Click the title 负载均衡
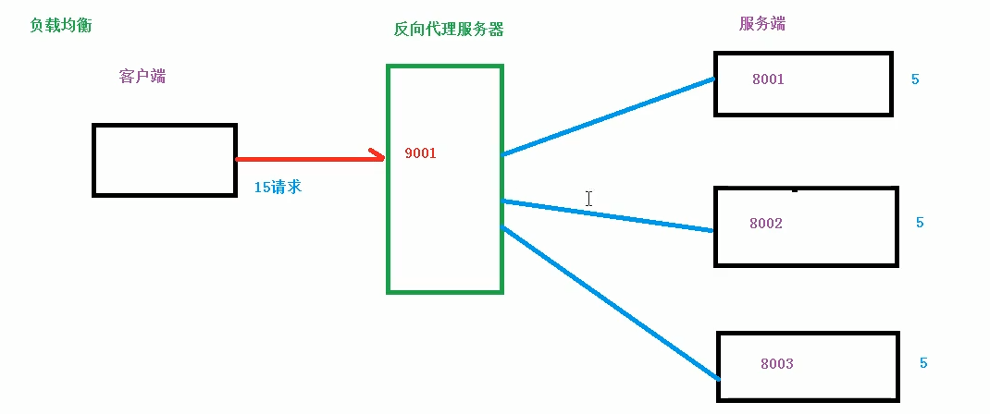[61, 25]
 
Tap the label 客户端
[142, 77]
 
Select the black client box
[164, 160]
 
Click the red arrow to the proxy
[305, 158]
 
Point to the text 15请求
[278, 187]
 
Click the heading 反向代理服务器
[449, 29]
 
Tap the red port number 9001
[420, 153]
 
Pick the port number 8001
[768, 79]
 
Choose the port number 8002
[766, 223]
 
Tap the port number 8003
[776, 363]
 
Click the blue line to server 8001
[608, 116]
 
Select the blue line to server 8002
[608, 215]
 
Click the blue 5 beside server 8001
[915, 79]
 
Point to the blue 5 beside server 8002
[920, 223]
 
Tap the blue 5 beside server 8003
[923, 363]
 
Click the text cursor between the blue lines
[588, 198]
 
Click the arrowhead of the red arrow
[377, 156]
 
